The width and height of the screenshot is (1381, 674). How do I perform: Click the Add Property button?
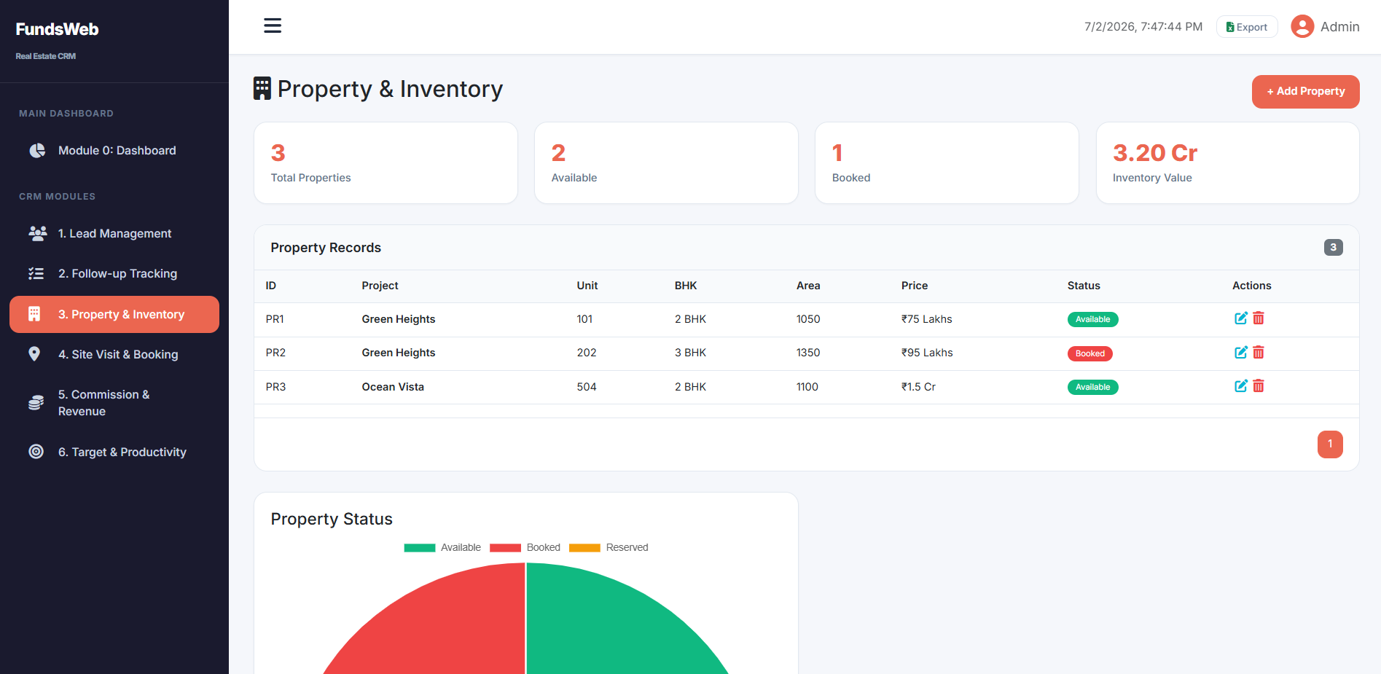1305,92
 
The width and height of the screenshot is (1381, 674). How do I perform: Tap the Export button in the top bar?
1247,27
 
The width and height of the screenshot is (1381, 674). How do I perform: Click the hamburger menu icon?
273,26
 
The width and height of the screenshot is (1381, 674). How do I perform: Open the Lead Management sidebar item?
114,234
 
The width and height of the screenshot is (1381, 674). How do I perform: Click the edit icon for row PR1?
1240,318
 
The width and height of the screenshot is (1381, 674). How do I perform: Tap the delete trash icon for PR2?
1259,353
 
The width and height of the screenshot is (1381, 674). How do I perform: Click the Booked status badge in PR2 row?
1089,353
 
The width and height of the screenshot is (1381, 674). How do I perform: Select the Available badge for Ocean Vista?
1092,388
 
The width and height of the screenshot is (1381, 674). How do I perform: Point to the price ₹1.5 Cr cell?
918,387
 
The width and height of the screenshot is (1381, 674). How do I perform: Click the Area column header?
808,286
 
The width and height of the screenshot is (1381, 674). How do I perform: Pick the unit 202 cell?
587,353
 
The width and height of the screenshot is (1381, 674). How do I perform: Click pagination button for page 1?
1330,444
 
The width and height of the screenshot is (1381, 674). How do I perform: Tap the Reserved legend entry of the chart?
609,548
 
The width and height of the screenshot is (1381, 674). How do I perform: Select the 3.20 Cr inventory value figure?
1155,153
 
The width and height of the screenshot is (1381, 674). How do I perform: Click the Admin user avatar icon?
1302,27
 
